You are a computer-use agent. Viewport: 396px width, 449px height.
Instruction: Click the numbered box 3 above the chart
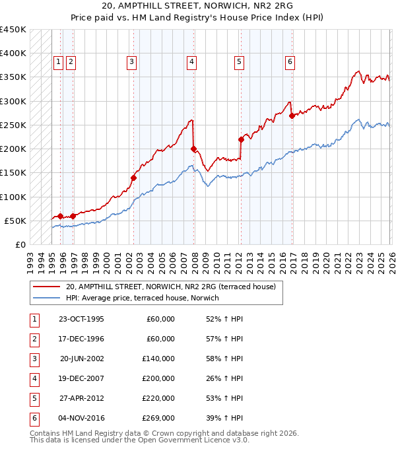(x=132, y=62)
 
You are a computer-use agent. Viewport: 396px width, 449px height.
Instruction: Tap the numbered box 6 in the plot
(x=290, y=62)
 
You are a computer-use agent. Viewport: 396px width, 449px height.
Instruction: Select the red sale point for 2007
(x=193, y=149)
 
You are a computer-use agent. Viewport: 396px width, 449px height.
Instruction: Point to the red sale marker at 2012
(x=242, y=139)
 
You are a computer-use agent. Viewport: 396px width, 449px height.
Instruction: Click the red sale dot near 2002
(x=133, y=178)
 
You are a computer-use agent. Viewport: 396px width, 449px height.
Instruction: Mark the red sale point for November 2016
(x=292, y=116)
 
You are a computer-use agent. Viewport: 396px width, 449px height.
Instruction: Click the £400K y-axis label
(x=13, y=53)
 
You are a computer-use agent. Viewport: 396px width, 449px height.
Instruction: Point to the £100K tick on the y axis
(x=13, y=197)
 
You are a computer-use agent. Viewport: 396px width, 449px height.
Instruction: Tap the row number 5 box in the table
(x=34, y=398)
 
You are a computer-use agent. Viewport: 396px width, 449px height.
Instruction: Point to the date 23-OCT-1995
(x=81, y=319)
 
